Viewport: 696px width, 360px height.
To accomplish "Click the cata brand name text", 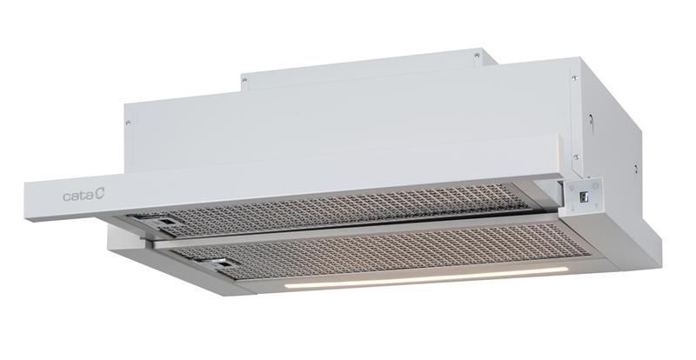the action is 78,196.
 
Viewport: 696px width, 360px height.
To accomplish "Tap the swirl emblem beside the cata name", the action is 100,194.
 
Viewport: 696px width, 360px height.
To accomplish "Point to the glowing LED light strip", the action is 426,277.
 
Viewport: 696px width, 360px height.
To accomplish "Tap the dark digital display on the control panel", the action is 584,197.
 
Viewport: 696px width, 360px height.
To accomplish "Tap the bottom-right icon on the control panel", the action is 597,206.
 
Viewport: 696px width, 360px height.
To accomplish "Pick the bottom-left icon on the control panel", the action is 573,209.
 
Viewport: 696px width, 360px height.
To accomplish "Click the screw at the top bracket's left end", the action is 244,80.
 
